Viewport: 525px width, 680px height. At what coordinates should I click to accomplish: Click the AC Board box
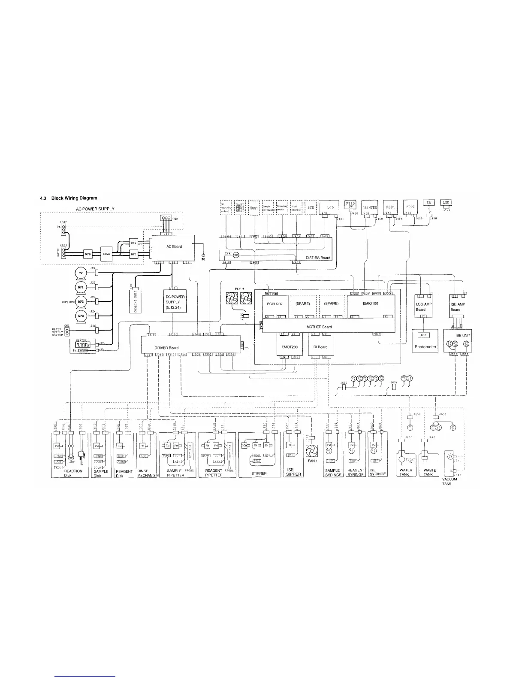(174, 247)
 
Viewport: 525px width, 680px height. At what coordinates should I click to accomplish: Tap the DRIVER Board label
(166, 348)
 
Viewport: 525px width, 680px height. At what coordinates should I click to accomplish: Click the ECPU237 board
(275, 304)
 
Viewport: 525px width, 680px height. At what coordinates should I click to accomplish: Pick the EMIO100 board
(370, 304)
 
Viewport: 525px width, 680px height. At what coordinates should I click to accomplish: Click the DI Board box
(320, 347)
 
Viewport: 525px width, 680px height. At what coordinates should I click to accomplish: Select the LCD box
(330, 207)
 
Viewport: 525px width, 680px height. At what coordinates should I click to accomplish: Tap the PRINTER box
(370, 207)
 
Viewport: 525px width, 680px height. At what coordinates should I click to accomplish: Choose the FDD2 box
(410, 206)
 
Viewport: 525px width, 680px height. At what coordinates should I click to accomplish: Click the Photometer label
(425, 347)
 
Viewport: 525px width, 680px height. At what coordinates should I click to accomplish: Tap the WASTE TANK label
(429, 472)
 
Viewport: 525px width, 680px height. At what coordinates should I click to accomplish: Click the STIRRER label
(259, 474)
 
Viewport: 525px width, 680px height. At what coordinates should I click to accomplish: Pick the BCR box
(311, 207)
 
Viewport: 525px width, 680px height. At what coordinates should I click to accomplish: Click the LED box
(444, 203)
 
